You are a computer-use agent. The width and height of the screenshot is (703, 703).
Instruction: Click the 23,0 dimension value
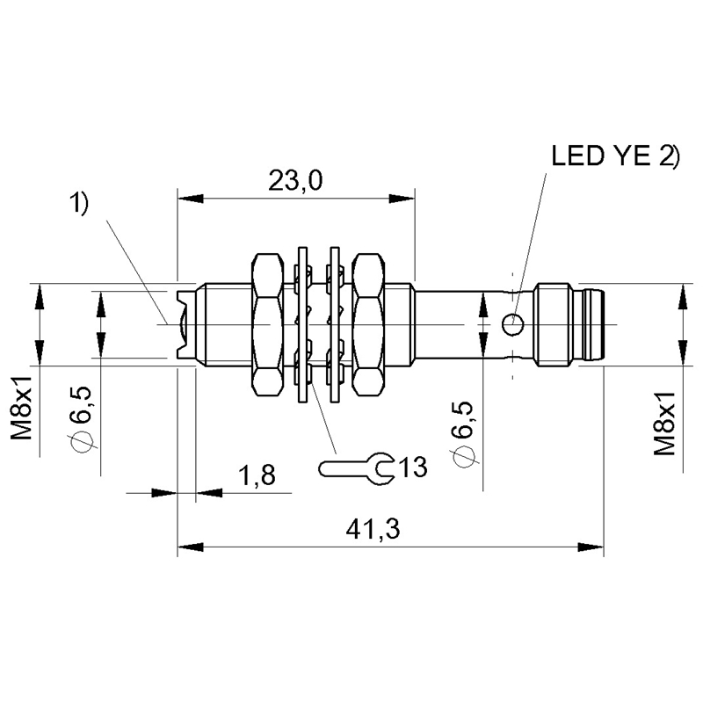(x=294, y=181)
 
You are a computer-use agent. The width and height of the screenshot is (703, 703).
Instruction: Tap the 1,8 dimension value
(x=257, y=476)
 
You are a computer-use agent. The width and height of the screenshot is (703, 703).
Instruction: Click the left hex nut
(x=269, y=325)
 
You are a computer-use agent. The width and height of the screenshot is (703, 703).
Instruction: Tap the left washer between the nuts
(x=304, y=325)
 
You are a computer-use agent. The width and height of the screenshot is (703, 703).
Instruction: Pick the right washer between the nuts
(x=334, y=325)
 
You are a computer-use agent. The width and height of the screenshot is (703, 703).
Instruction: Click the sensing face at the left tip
(x=183, y=325)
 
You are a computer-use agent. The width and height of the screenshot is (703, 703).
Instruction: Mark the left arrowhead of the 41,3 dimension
(x=184, y=547)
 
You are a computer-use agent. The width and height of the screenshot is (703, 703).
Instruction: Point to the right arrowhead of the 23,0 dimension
(x=408, y=199)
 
